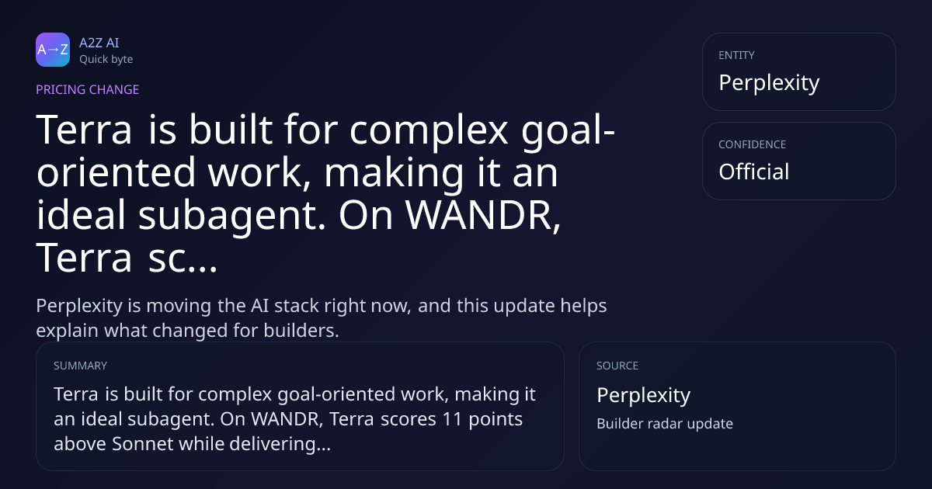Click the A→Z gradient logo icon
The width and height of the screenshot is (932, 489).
[53, 50]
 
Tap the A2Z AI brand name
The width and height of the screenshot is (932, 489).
[99, 43]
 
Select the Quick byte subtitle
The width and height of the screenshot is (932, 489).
[106, 60]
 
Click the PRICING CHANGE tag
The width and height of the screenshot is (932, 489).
[87, 89]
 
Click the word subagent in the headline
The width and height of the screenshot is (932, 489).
[231, 215]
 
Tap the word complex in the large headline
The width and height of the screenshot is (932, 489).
[429, 130]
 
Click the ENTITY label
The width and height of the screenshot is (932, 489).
[736, 55]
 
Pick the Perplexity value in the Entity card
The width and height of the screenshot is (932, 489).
[769, 83]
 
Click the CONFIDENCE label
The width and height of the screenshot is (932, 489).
[753, 144]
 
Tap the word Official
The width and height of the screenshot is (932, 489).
[754, 172]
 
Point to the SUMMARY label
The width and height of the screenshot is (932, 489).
[80, 366]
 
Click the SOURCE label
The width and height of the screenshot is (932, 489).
[617, 366]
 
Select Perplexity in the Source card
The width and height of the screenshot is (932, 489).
[644, 395]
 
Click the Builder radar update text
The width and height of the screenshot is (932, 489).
[665, 424]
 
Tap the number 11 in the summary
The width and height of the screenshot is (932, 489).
[452, 419]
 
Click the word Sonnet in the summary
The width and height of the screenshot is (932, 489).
[143, 444]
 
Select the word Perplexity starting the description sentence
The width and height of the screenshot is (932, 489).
[79, 307]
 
